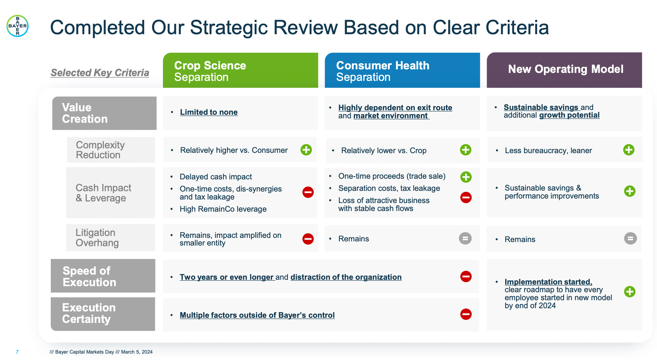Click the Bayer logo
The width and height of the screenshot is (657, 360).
(x=18, y=26)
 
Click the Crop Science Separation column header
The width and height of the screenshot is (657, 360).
(x=240, y=71)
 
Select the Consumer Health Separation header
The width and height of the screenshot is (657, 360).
(x=402, y=71)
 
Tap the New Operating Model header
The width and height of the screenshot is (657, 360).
(x=564, y=70)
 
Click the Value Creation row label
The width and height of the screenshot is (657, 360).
(x=104, y=113)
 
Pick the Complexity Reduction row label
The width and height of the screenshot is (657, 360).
(x=111, y=150)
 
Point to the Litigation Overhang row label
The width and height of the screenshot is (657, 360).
(x=110, y=238)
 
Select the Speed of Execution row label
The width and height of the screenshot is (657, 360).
(x=103, y=276)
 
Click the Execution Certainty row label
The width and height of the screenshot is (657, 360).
(x=103, y=314)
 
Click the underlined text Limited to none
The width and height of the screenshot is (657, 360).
(x=209, y=112)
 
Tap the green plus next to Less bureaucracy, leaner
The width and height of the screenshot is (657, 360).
(x=629, y=150)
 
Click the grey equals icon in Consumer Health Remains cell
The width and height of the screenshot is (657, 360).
(x=465, y=239)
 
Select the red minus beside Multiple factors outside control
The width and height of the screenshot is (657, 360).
(x=466, y=314)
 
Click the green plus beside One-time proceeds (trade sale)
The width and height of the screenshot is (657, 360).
(x=466, y=177)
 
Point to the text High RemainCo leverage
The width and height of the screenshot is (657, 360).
(x=223, y=209)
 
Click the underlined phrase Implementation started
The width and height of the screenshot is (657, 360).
(x=548, y=282)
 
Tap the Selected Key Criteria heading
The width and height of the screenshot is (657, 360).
(x=100, y=73)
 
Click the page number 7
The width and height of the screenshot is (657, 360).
(x=17, y=352)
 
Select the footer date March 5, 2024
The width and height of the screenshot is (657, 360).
(x=137, y=352)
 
